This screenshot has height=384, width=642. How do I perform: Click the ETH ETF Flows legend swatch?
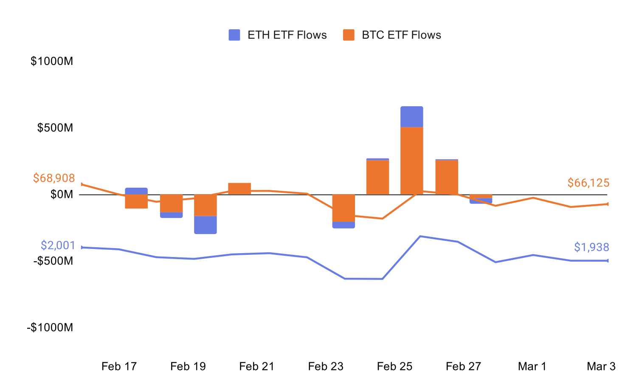click(234, 35)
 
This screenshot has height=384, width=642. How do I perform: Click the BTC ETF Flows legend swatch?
click(349, 35)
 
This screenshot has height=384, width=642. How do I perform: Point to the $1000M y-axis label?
click(52, 61)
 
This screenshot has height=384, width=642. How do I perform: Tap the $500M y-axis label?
click(55, 127)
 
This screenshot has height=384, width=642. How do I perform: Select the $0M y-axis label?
click(62, 194)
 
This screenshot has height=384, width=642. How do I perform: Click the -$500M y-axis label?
click(53, 261)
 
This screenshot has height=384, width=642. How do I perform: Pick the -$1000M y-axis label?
click(50, 328)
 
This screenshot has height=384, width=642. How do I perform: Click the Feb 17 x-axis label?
click(119, 366)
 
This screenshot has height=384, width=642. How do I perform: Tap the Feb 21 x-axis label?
click(256, 366)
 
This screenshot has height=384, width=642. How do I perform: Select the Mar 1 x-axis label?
click(532, 366)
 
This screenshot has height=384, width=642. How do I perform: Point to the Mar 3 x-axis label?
click(601, 366)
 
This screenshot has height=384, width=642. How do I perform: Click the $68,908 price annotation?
click(54, 178)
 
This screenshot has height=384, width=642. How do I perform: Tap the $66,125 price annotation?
click(588, 183)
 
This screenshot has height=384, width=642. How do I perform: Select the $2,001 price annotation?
click(58, 245)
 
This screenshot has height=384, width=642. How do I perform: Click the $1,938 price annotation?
click(591, 247)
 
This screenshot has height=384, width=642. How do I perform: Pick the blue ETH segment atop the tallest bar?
click(411, 117)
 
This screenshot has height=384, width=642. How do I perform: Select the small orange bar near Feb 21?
click(239, 189)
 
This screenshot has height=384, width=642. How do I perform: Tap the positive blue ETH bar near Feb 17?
click(136, 191)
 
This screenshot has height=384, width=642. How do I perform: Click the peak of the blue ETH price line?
click(420, 236)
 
